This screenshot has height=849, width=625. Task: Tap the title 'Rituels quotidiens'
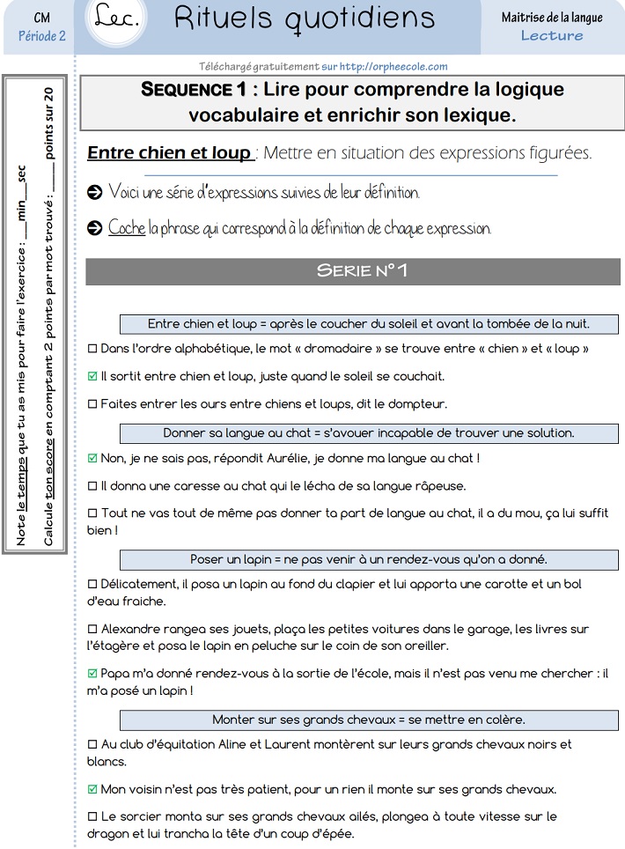click(x=305, y=18)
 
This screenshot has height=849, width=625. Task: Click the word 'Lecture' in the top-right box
click(x=552, y=35)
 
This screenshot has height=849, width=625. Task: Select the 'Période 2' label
click(x=41, y=35)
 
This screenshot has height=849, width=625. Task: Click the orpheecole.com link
click(x=393, y=66)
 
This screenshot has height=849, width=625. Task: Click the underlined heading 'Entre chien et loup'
click(x=169, y=152)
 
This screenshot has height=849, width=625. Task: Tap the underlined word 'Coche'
click(x=127, y=228)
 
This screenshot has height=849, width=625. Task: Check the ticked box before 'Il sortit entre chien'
click(x=93, y=376)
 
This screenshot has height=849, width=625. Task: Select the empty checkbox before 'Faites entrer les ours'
click(x=93, y=404)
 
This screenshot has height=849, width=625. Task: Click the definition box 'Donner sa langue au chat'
click(x=368, y=433)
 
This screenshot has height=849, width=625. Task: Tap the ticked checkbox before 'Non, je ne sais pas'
click(x=93, y=458)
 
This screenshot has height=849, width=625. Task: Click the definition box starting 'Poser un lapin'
click(x=368, y=559)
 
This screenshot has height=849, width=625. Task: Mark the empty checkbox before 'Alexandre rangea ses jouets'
click(x=93, y=629)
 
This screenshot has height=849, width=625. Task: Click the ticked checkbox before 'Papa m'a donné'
click(x=93, y=674)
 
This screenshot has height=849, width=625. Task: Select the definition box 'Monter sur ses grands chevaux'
click(x=368, y=720)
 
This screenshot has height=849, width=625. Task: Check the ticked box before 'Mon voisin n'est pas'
click(x=93, y=789)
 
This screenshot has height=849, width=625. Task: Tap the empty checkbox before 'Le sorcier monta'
click(x=93, y=816)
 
